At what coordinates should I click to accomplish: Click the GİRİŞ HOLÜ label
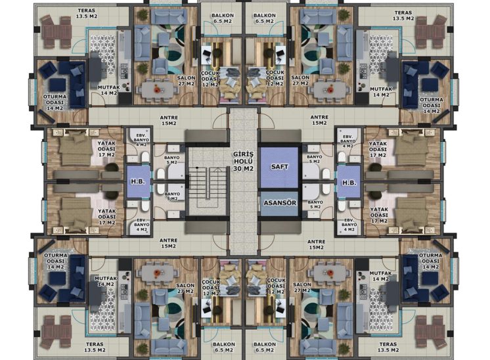244,158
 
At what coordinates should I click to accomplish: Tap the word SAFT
280,167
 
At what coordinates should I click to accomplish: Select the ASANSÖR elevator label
280,203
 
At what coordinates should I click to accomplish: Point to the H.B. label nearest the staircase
138,181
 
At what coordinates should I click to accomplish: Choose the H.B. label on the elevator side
349,183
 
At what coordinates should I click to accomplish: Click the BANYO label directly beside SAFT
315,159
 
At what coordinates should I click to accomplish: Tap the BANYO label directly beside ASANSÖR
315,204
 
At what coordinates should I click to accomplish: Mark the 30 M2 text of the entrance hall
244,168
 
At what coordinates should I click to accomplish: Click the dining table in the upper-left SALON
157,90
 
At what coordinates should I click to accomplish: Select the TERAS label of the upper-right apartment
403,16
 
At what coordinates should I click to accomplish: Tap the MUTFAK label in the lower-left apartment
106,281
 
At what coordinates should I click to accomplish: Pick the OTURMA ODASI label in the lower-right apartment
430,261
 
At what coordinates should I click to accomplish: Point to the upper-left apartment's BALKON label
223,18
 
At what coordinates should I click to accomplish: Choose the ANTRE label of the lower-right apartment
316,244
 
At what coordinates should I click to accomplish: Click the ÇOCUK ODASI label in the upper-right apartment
275,78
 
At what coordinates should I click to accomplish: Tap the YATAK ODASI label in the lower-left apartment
107,217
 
